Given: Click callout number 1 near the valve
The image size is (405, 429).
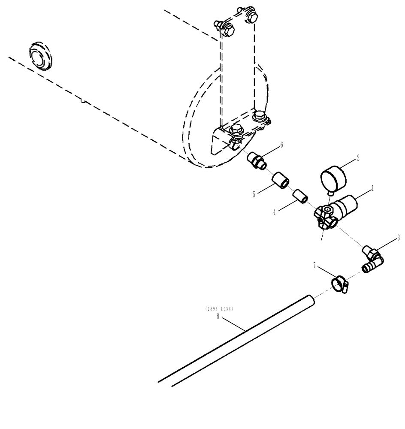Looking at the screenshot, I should (373, 188).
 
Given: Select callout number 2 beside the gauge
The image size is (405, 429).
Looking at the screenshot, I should (358, 158).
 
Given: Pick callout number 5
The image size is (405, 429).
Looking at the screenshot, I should (254, 194).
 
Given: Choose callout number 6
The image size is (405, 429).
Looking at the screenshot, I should (282, 145).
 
